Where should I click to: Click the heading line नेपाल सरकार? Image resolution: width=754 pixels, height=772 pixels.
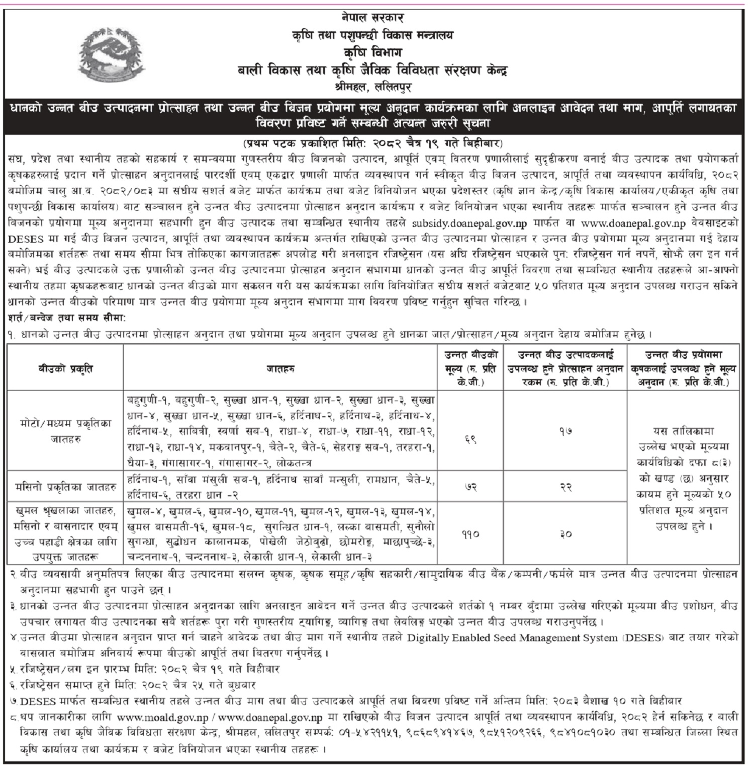pos(372,19)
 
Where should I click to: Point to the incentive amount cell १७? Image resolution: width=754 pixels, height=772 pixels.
pos(566,431)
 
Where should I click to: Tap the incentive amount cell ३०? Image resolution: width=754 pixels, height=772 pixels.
pos(566,534)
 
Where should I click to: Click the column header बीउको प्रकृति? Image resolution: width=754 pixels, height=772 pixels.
pos(66,369)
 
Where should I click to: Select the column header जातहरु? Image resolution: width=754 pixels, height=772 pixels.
pos(280,369)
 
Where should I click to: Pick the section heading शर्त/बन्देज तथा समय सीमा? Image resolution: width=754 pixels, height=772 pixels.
pos(67,319)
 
